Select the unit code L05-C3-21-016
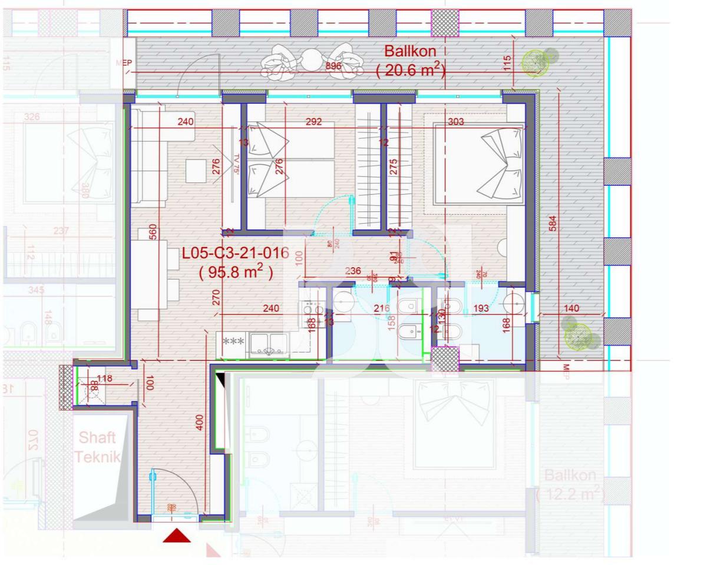point(235,254)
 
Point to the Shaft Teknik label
point(97,447)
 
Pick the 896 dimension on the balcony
point(333,66)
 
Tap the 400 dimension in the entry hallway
point(200,422)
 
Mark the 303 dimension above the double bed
point(456,122)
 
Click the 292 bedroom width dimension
point(313,122)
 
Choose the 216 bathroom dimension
point(381,308)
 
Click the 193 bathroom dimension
point(481,308)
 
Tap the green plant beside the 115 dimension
point(534,62)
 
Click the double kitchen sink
point(269,344)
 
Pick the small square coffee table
point(196,171)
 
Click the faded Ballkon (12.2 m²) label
point(570,484)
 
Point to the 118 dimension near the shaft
point(104,378)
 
